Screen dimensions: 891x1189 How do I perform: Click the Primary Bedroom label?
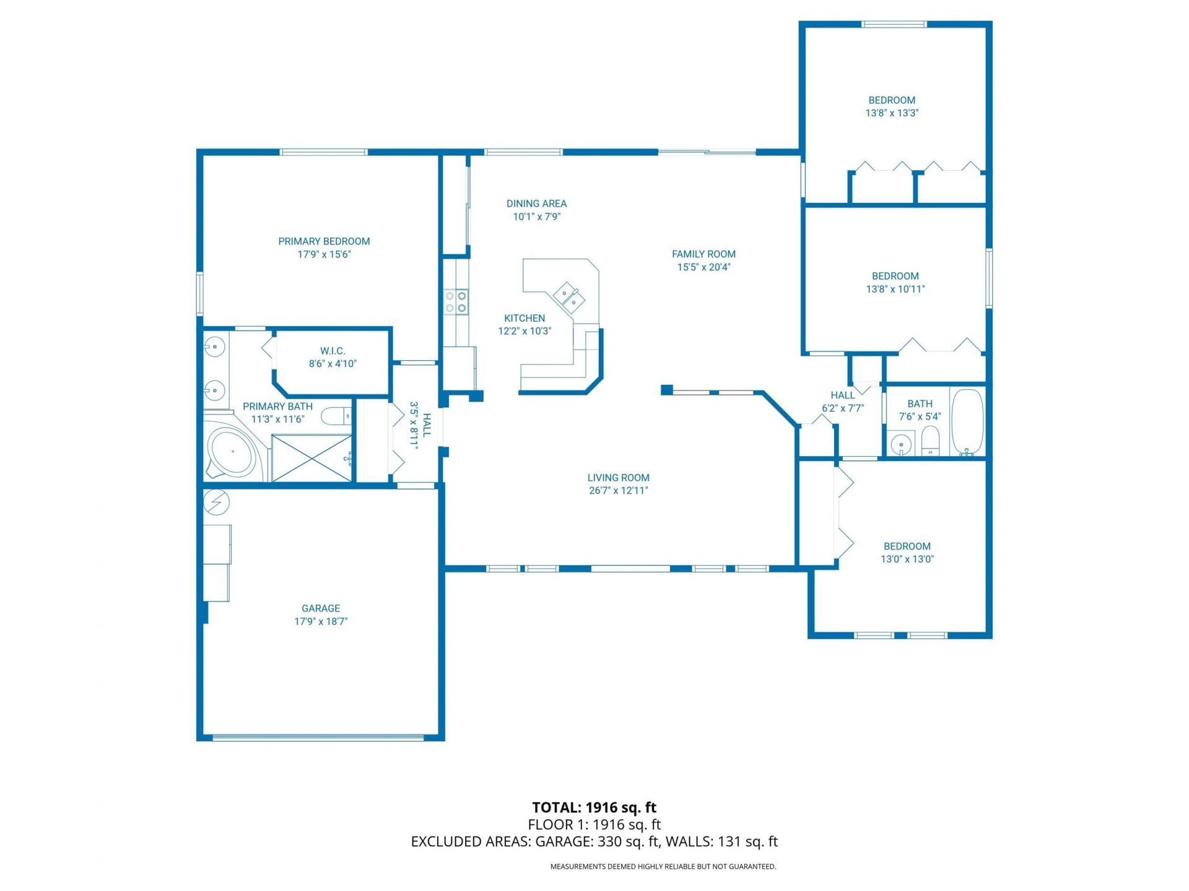coord(324,241)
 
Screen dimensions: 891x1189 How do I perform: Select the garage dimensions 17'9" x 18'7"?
coord(321,621)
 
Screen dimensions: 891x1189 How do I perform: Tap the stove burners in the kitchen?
coord(456,302)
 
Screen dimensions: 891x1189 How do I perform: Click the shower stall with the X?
coord(311,458)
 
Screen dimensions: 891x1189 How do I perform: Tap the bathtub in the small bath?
coord(967,421)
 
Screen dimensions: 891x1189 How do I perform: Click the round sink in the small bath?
coord(900,444)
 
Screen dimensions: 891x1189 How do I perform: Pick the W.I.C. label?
coord(333,351)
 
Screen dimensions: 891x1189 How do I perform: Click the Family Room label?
coord(703,254)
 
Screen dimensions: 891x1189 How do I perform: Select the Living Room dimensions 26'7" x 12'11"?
coord(618,491)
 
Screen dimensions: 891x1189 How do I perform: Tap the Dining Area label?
coord(536,204)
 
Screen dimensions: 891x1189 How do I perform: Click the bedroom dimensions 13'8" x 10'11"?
coord(895,289)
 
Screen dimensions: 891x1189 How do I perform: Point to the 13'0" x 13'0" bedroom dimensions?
coord(907,559)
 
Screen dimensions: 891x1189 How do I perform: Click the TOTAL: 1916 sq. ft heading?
coord(594,807)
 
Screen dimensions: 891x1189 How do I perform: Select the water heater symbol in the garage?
coord(217,502)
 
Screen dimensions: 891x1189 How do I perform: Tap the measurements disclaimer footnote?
coord(663,867)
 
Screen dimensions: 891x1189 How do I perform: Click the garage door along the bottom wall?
coord(318,738)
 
